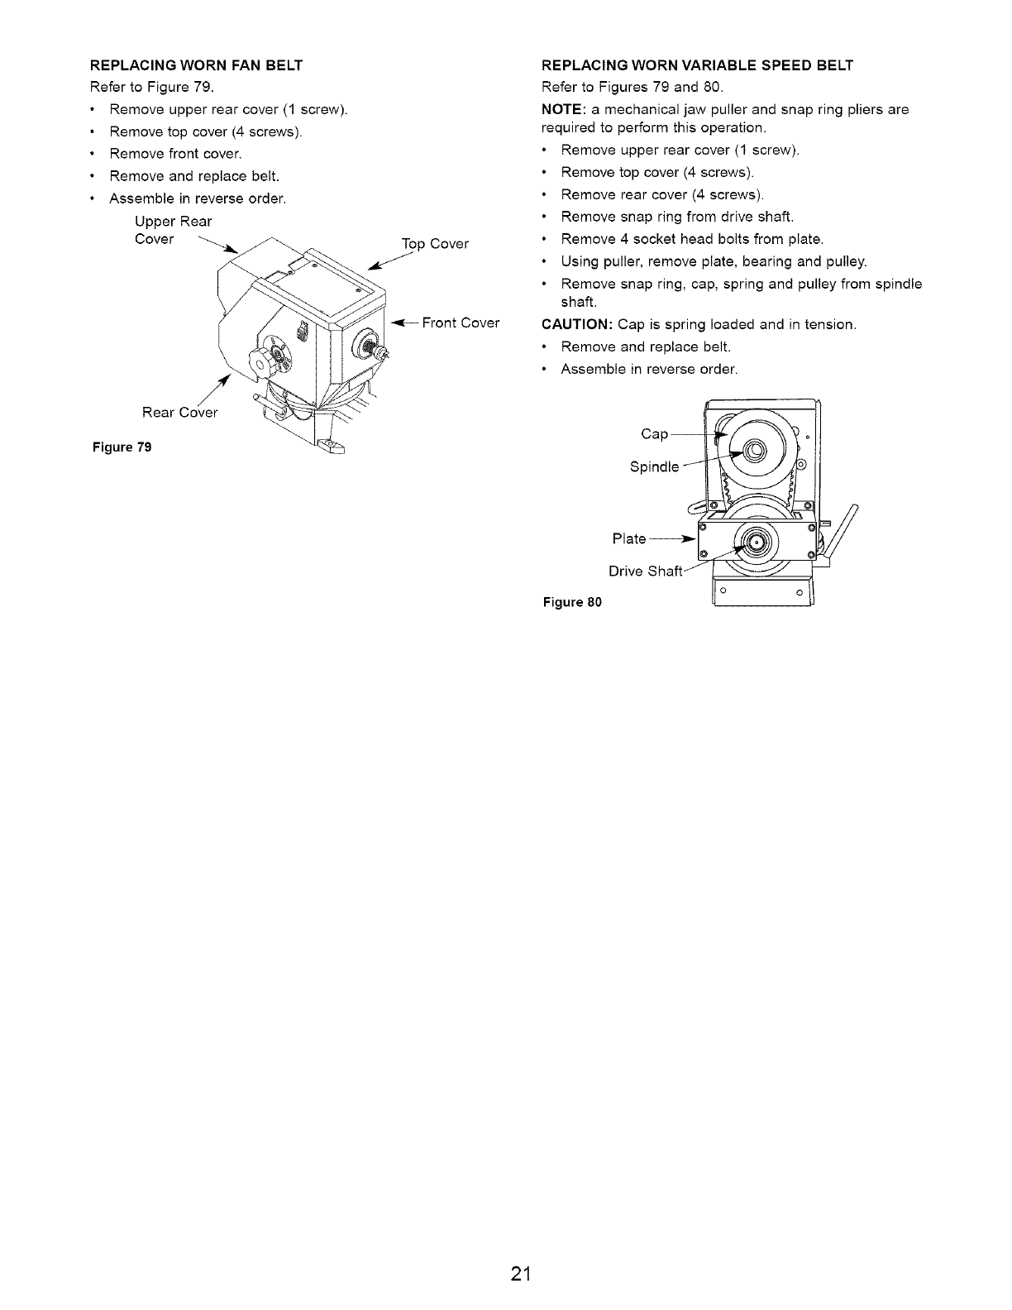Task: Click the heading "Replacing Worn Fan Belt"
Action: pyautogui.click(x=196, y=65)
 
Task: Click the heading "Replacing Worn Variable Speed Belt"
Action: pyautogui.click(x=697, y=65)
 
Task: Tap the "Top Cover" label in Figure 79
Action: pyautogui.click(x=435, y=244)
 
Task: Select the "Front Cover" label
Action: pyautogui.click(x=461, y=323)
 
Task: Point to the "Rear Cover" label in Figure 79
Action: pyautogui.click(x=179, y=413)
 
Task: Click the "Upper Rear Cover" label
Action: pyautogui.click(x=173, y=231)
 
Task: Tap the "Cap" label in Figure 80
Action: pyautogui.click(x=655, y=434)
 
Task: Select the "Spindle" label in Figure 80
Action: pyautogui.click(x=654, y=467)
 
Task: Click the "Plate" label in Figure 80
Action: pyautogui.click(x=629, y=539)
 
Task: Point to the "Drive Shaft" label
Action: pyautogui.click(x=646, y=571)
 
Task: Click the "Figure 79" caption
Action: pyautogui.click(x=122, y=447)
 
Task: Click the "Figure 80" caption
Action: pyautogui.click(x=572, y=601)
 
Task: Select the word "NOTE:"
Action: pyautogui.click(x=564, y=109)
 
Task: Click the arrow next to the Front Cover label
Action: pyautogui.click(x=404, y=323)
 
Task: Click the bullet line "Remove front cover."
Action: pyautogui.click(x=175, y=154)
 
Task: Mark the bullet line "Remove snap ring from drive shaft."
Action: pyautogui.click(x=677, y=217)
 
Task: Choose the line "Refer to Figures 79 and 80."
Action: pyautogui.click(x=632, y=88)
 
